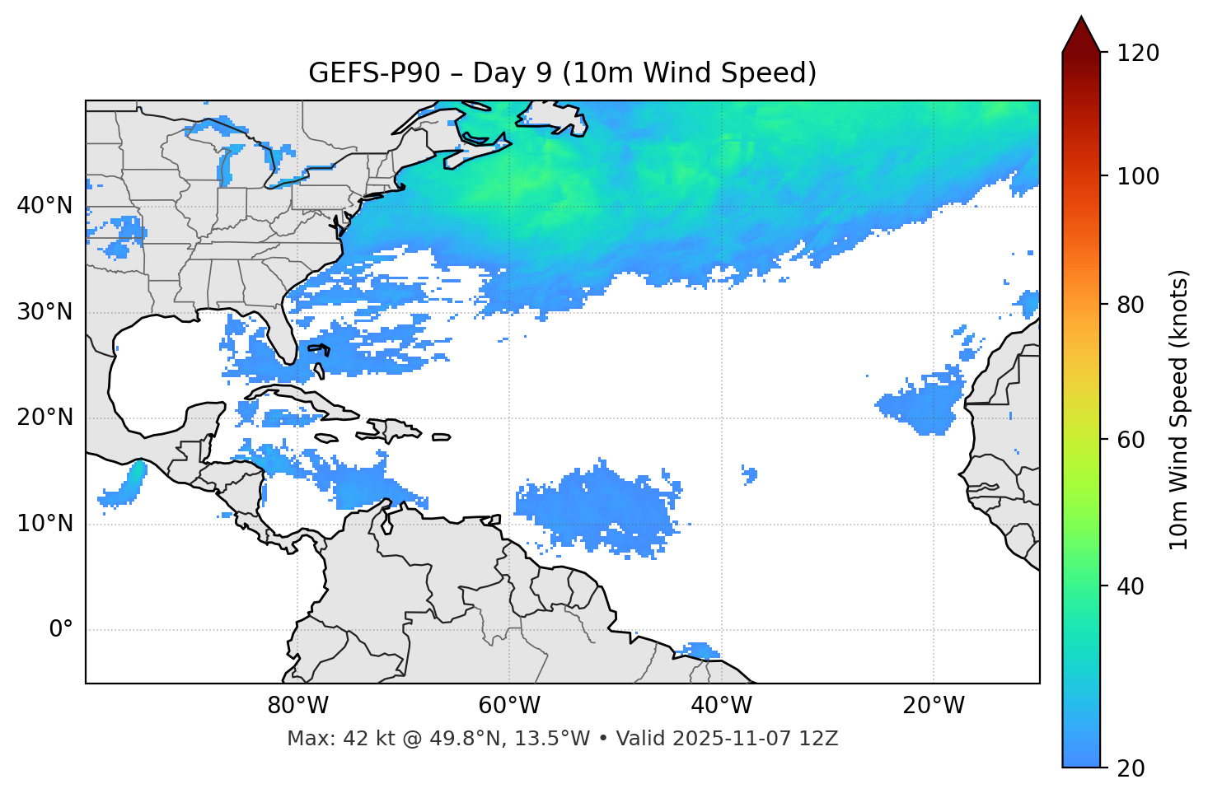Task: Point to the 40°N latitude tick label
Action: (x=44, y=206)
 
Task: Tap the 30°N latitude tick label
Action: (x=44, y=312)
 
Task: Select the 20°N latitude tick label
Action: (x=44, y=418)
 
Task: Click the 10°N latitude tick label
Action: (x=44, y=524)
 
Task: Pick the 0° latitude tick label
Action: (x=61, y=630)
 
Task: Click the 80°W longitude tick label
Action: (x=297, y=706)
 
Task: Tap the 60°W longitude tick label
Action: (x=509, y=706)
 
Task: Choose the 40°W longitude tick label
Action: (x=721, y=706)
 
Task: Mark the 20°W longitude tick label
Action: (x=933, y=706)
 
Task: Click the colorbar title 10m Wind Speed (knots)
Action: (x=1179, y=409)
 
